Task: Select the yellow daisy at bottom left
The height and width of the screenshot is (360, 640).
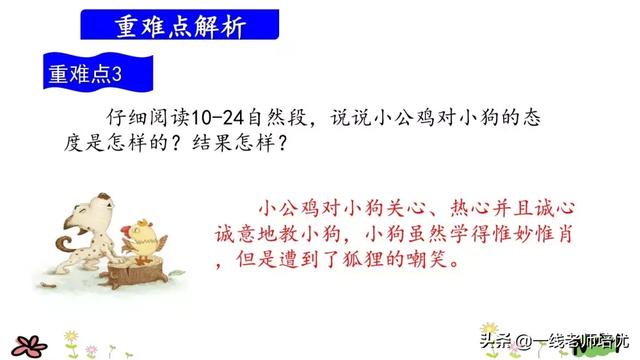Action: click(72, 335)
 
